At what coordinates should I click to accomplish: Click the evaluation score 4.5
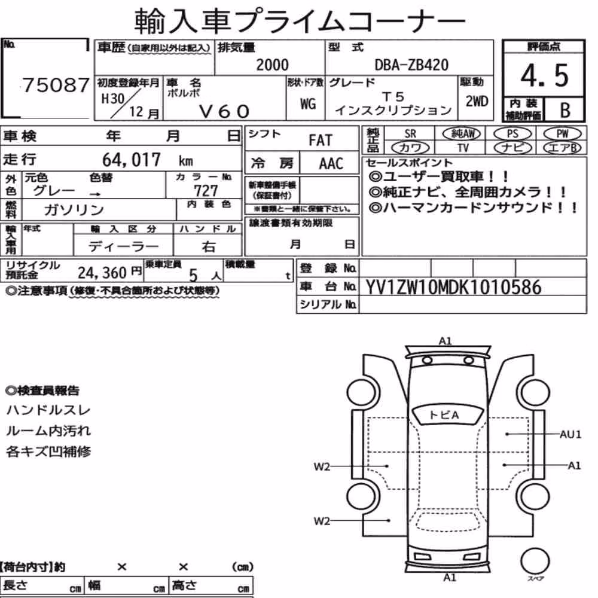(544, 75)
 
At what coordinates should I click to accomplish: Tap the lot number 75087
(56, 85)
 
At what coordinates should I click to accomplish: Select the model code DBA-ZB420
(411, 65)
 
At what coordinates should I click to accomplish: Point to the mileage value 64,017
(132, 160)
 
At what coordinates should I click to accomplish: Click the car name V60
(224, 111)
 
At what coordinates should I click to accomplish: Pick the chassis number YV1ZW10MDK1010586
(453, 288)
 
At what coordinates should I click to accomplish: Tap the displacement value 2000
(272, 65)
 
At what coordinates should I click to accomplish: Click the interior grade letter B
(565, 110)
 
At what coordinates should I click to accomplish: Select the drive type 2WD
(477, 102)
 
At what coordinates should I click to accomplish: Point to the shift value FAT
(321, 141)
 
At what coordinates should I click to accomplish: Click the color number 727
(206, 190)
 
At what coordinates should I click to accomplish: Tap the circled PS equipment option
(512, 134)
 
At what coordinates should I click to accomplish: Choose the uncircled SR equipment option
(410, 134)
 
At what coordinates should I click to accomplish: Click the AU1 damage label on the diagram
(570, 434)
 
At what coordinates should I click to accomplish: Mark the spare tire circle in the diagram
(535, 562)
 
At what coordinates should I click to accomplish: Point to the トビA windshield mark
(444, 415)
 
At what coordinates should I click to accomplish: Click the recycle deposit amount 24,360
(102, 273)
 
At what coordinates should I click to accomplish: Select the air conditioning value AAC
(331, 164)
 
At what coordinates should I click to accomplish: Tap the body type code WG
(308, 103)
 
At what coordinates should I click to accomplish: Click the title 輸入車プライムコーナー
(300, 20)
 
